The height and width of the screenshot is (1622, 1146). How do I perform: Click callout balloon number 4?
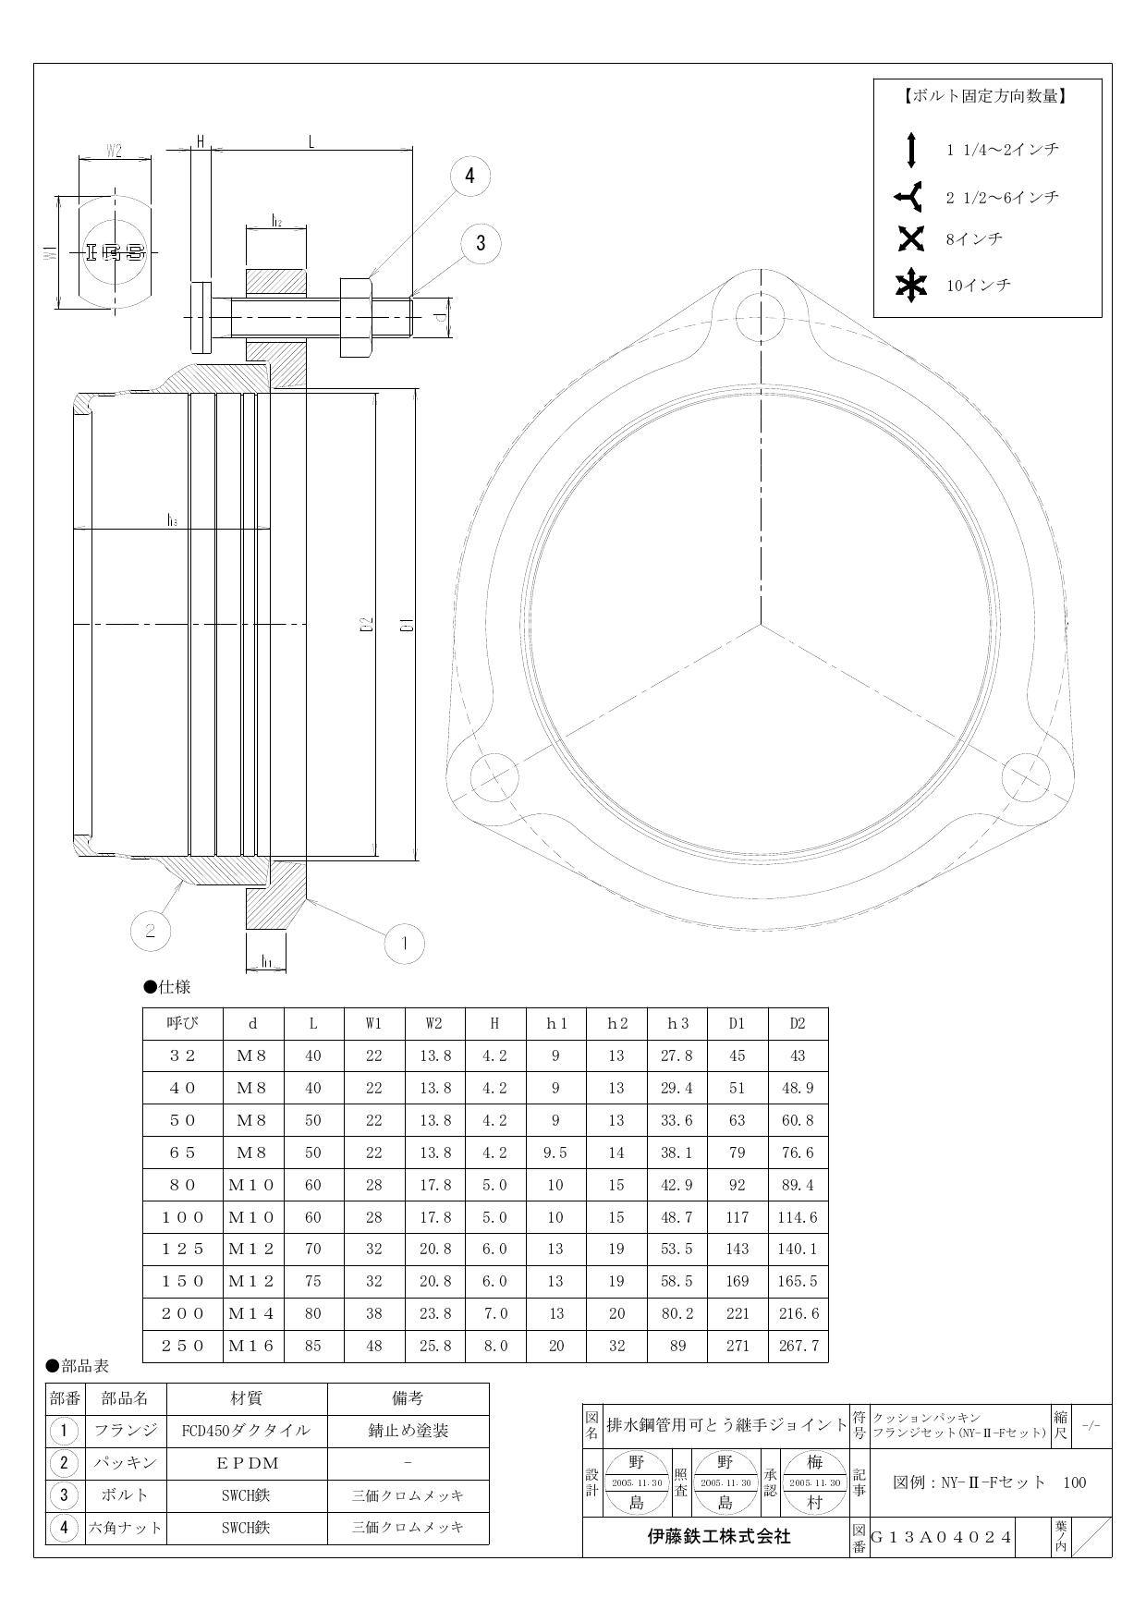469,176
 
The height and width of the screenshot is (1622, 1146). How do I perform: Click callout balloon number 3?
480,243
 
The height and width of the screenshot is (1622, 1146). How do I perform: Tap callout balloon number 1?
403,944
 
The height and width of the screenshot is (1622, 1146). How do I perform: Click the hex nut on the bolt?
357,317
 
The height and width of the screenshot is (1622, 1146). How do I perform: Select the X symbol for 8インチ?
911,238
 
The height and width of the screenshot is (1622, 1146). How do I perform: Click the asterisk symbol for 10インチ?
911,286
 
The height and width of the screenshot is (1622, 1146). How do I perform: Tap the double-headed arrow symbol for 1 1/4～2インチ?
911,150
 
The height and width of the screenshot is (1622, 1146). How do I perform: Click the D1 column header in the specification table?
737,1023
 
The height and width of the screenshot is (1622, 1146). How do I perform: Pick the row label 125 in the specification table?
183,1249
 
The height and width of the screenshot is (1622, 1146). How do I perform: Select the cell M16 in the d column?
251,1346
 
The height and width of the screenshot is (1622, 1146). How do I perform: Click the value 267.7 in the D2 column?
798,1346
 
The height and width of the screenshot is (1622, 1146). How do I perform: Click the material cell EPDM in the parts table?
247,1463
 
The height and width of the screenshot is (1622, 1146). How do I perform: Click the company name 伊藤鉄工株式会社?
717,1537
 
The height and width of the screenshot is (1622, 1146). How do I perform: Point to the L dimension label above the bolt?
311,141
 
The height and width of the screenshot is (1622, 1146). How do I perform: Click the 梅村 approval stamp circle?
814,1483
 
